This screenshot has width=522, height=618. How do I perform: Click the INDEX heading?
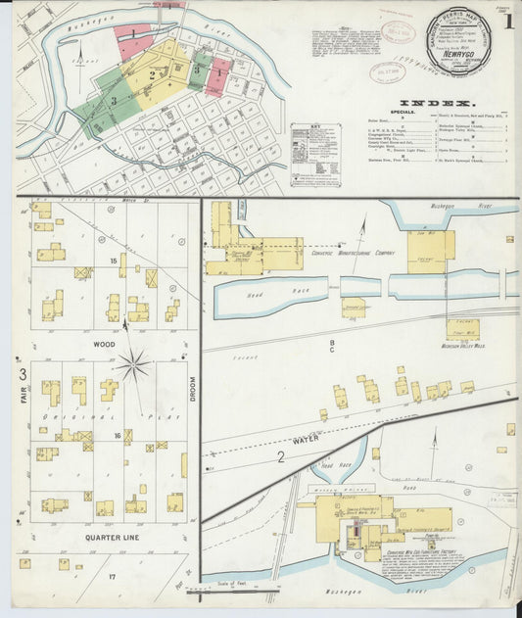437,102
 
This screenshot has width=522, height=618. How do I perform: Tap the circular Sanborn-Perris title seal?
458,43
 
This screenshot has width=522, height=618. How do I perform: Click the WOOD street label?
105,345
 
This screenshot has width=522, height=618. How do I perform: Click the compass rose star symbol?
135,367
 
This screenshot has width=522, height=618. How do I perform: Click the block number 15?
114,261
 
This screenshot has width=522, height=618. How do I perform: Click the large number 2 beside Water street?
280,456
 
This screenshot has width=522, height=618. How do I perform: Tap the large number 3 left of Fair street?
22,374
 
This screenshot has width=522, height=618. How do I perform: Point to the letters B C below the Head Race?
332,345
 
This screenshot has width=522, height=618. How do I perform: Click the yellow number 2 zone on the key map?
152,73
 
